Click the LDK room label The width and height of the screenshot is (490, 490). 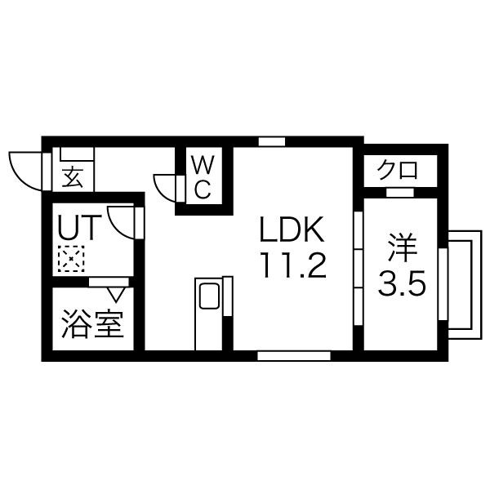(292, 229)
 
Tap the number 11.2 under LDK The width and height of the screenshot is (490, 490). (294, 265)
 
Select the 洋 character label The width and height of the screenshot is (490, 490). (402, 247)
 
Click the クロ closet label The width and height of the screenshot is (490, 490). (397, 171)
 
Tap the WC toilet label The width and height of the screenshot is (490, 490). (203, 177)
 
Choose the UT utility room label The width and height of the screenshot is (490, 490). (79, 228)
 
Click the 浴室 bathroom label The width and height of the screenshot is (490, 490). (92, 324)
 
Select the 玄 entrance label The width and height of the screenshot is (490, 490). (73, 177)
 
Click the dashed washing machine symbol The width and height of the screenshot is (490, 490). (71, 259)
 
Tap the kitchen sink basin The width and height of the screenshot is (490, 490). (209, 296)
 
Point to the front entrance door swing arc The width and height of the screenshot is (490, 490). (25, 171)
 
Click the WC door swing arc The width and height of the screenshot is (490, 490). (165, 188)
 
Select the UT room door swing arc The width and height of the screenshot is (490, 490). (121, 222)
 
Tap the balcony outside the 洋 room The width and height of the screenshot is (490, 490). (465, 284)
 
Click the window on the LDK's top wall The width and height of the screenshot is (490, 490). (272, 141)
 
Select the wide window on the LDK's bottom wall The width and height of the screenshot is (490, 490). (294, 356)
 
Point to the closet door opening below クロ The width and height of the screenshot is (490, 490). (400, 193)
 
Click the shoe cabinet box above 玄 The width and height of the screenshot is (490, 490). (77, 154)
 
